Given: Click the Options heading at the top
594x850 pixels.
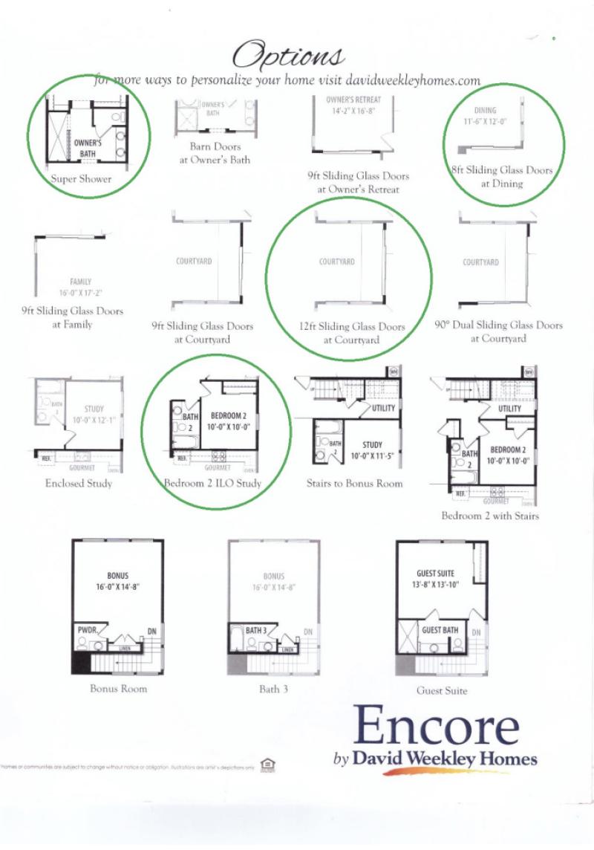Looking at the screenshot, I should (x=289, y=54).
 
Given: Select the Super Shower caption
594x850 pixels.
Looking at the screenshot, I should (x=82, y=179).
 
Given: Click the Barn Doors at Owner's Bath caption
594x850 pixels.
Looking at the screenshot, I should (x=215, y=153).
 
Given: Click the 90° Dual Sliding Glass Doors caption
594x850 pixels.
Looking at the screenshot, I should (x=498, y=331).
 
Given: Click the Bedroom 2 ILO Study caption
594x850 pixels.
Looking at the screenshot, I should (x=213, y=484).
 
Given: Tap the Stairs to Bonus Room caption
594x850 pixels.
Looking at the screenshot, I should (x=355, y=484).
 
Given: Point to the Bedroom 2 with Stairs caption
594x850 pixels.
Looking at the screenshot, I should (x=490, y=516).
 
